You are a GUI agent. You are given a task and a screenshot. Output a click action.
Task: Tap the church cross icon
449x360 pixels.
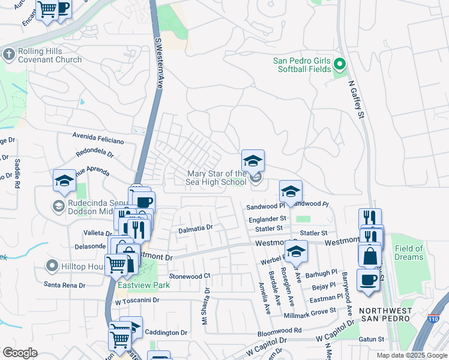pos(8,55)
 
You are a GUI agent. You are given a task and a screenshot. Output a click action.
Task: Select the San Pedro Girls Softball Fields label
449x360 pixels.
pos(302,65)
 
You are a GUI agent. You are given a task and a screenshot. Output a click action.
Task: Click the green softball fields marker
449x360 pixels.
pos(340,64)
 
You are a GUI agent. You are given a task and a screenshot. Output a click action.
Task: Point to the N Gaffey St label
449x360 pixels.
pos(357,98)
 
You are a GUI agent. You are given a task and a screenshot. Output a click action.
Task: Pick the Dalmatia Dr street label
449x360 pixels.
pos(196,228)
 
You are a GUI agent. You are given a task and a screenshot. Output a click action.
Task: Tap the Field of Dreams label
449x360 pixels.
pos(409,253)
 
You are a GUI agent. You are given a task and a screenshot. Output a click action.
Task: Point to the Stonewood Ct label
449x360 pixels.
pos(189,276)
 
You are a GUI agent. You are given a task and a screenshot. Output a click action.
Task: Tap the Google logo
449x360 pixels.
pos(20,353)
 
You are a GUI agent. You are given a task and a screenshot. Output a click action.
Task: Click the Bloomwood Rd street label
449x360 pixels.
pos(281,330)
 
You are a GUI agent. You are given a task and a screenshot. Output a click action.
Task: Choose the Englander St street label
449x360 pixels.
pos(267,219)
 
